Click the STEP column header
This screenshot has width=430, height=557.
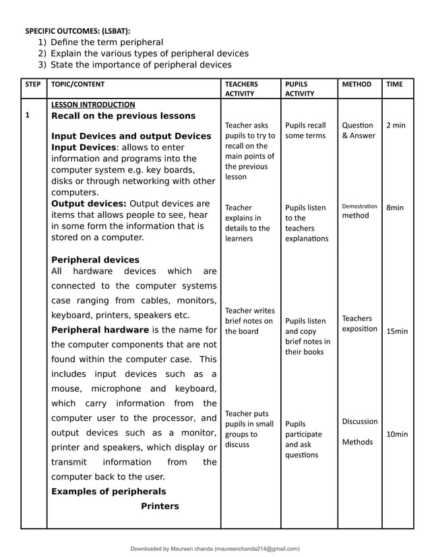pos(32,84)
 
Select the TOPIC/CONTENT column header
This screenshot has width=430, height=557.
pos(78,84)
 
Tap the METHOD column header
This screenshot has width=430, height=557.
pos(357,84)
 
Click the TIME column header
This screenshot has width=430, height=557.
pos(394,84)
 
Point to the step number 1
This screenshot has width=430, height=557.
pos(28,115)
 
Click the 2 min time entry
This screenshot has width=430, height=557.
pos(396,125)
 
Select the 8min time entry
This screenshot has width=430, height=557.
pos(395,208)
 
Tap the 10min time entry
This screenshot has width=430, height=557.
pos(397,434)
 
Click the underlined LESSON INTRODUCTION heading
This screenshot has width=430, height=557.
pos(93,105)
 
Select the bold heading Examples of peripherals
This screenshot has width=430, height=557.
pos(109,491)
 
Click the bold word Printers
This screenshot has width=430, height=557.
pos(160,506)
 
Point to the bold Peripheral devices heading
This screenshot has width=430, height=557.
pos(96,260)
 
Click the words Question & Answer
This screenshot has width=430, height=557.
pos(357,130)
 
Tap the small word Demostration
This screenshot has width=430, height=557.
pos(359,206)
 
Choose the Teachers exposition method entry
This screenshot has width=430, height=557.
pos(359,323)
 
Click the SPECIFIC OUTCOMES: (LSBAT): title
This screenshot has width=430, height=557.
pos(78,30)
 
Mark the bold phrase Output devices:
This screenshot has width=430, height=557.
pos(88,203)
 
